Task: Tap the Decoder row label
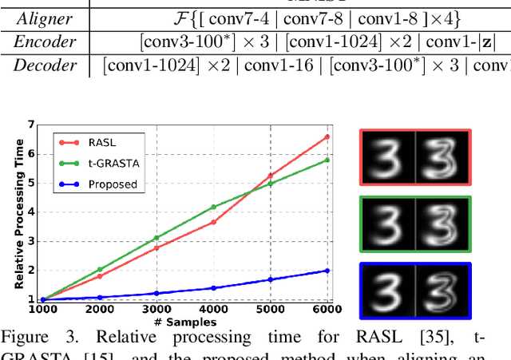(x=45, y=65)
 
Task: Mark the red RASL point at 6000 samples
(x=327, y=136)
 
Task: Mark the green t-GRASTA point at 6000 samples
(x=327, y=160)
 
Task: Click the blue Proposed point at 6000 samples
(x=327, y=271)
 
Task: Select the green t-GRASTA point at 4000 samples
(x=213, y=207)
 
